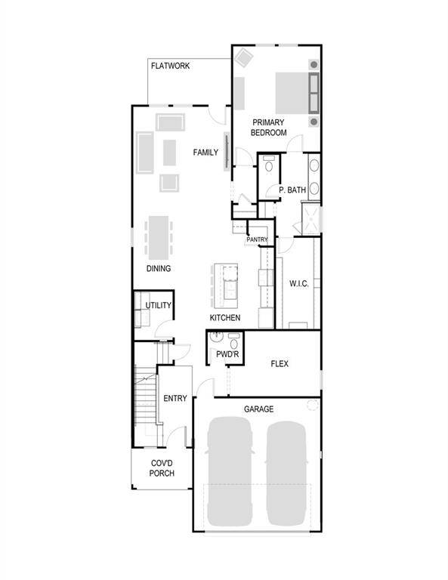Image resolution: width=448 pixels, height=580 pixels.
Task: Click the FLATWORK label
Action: (170, 66)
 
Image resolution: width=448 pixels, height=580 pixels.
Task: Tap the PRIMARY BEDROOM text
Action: (269, 127)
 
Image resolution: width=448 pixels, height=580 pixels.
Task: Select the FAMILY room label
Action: (205, 153)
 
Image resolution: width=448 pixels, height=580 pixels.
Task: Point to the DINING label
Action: (159, 268)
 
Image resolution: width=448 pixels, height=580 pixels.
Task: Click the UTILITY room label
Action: (159, 305)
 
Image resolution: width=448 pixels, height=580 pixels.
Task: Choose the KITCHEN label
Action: (225, 318)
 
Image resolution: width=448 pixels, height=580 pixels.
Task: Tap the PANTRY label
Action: (258, 239)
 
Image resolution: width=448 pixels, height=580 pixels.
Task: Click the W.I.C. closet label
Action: (298, 285)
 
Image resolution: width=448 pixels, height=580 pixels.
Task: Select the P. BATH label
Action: (292, 190)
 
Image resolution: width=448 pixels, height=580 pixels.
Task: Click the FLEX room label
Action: (280, 363)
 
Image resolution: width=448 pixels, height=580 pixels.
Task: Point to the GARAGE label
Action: (258, 409)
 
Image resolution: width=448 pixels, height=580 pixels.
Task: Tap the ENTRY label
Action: (175, 399)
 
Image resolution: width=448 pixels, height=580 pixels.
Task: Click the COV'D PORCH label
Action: (162, 468)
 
